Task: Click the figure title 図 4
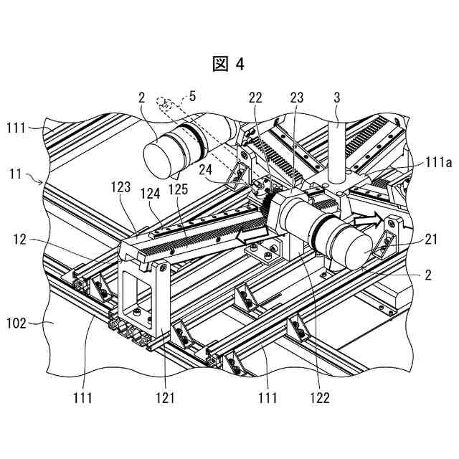click(229, 64)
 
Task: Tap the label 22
click(255, 96)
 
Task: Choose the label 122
click(321, 396)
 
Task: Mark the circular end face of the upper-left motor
click(162, 157)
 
